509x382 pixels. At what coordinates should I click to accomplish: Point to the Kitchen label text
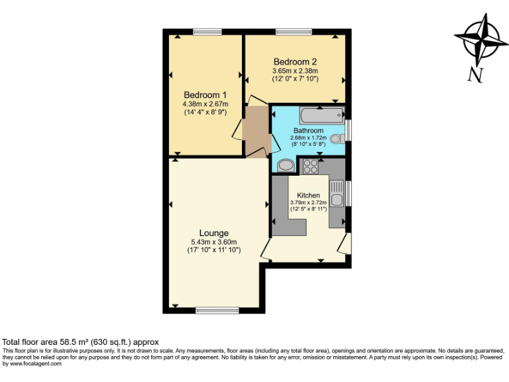pyautogui.click(x=308, y=195)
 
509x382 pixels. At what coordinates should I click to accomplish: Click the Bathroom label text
pyautogui.click(x=308, y=131)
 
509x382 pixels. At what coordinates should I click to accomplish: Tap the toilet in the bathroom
pyautogui.click(x=337, y=139)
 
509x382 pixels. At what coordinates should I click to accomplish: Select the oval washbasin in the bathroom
pyautogui.click(x=286, y=165)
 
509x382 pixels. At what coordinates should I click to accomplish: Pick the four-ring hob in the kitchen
pyautogui.click(x=311, y=166)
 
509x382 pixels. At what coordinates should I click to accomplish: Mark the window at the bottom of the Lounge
pyautogui.click(x=217, y=310)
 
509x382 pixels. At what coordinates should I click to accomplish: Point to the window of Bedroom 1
pyautogui.click(x=207, y=31)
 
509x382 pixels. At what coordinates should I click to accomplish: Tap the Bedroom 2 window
pyautogui.click(x=290, y=31)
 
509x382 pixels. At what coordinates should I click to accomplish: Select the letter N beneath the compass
pyautogui.click(x=475, y=75)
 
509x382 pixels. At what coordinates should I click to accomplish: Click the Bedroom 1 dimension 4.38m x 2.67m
pyautogui.click(x=205, y=104)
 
